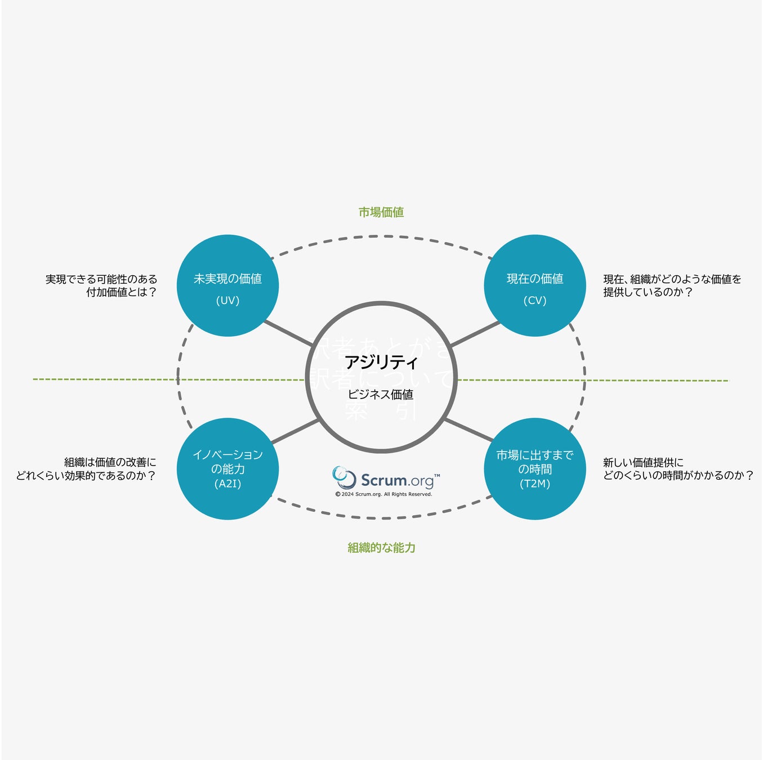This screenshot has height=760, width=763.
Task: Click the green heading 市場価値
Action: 381,212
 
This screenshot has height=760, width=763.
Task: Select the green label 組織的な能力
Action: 381,548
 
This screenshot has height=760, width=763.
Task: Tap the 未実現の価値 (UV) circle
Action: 227,285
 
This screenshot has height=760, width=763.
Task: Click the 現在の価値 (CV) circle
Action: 535,285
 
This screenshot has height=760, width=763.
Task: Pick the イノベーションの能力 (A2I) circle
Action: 227,469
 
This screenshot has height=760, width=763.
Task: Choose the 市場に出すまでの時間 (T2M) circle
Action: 535,469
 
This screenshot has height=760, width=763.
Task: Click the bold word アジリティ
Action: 381,362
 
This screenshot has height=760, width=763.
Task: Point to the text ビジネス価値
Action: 381,395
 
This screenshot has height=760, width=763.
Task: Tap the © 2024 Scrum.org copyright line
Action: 384,494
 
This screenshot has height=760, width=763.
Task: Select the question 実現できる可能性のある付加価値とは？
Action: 101,285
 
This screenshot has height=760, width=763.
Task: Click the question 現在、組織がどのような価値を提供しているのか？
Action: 672,285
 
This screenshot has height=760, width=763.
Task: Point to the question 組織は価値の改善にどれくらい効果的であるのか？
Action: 86,469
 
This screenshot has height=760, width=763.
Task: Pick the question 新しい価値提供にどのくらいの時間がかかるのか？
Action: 678,469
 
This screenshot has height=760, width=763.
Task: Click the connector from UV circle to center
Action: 288,333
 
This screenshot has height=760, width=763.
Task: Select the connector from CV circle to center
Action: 475,334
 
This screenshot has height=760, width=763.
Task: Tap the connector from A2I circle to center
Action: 295,431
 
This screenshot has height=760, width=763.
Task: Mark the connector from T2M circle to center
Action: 468,430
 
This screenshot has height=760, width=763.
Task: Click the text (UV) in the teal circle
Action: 227,301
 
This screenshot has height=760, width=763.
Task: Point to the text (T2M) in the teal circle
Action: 535,484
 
